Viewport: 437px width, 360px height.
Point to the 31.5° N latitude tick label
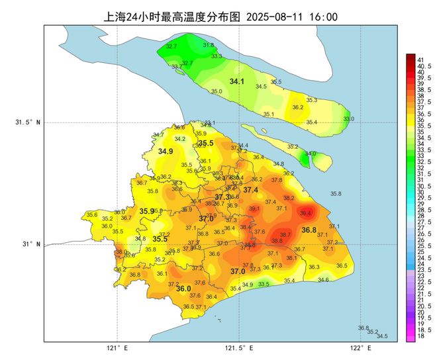pos(28,122)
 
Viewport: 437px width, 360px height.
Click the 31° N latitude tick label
pos(31,244)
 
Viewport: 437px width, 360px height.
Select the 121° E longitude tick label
pos(117,348)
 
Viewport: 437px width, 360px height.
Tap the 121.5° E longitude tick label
pos(238,348)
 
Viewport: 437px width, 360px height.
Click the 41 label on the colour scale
pos(420,60)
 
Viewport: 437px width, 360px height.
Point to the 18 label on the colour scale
pos(420,337)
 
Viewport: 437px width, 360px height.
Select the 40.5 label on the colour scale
pos(422,66)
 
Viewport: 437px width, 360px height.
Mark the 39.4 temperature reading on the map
pos(306,213)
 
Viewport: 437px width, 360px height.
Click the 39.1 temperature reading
pos(254,208)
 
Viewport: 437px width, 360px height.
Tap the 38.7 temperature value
pos(285,234)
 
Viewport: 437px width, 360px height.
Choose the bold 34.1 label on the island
pos(236,81)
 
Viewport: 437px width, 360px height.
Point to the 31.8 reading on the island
pos(208,45)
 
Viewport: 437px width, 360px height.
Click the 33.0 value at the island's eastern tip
pos(348,119)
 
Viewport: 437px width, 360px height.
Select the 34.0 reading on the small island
pos(310,154)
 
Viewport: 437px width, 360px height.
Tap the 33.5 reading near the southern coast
pos(264,284)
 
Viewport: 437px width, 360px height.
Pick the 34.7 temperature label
pos(158,135)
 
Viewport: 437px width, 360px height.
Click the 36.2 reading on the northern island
pos(298,107)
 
